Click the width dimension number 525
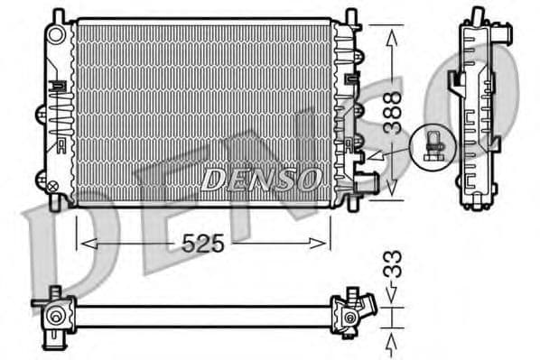pos(205,243)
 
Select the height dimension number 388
pos(392,113)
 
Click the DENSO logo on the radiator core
pos(260,179)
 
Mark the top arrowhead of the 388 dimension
pos(391,35)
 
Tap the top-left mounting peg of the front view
pos(59,15)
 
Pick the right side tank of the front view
pos(344,108)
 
